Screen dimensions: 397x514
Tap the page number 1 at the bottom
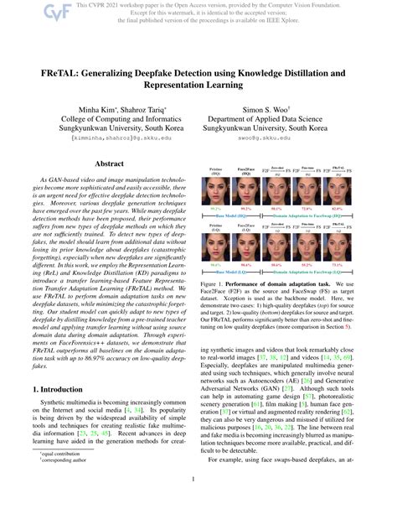(x=198, y=480)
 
